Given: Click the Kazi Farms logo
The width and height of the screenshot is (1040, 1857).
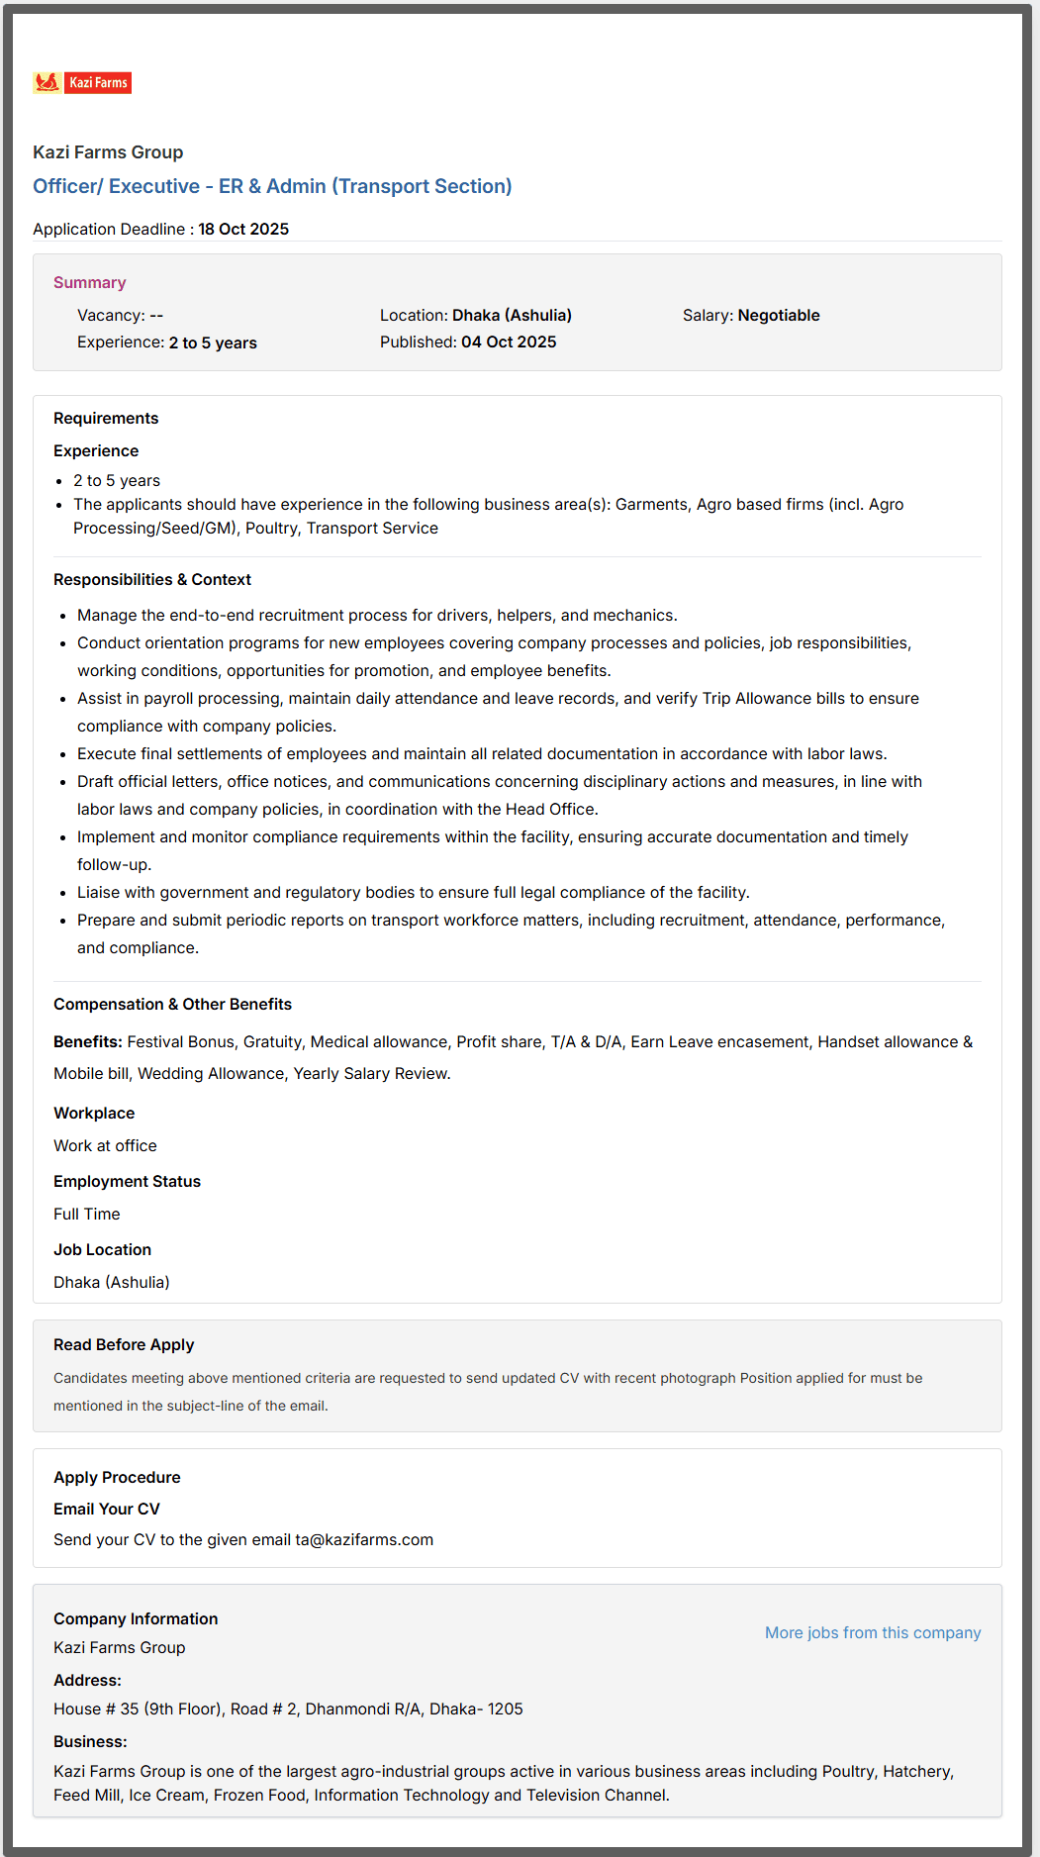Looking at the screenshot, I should pyautogui.click(x=82, y=83).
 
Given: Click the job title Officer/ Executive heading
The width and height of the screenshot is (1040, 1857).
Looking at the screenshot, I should pyautogui.click(x=272, y=186).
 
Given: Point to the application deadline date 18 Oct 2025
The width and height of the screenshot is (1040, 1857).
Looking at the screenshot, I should pyautogui.click(x=243, y=229).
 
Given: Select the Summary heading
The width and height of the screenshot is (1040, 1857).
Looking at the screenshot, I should pyautogui.click(x=90, y=283).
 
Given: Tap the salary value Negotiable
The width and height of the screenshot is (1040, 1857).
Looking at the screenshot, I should pyautogui.click(x=779, y=316).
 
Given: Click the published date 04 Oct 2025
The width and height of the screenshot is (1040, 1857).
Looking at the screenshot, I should pyautogui.click(x=509, y=342).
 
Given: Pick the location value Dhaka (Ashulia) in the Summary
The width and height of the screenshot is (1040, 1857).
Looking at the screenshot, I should pyautogui.click(x=512, y=316).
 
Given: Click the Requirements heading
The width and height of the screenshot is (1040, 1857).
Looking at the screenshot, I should pyautogui.click(x=106, y=419).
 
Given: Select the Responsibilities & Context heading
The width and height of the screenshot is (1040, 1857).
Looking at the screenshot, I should pyautogui.click(x=152, y=580).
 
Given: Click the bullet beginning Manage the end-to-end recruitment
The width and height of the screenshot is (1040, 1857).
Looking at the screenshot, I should pyautogui.click(x=377, y=616).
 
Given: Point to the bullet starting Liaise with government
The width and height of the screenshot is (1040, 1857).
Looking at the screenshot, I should pyautogui.click(x=413, y=893).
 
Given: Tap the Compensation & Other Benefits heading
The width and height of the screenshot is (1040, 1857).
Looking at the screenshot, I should pyautogui.click(x=172, y=1005).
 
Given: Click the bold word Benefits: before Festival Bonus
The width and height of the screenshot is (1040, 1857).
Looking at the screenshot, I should pyautogui.click(x=88, y=1042).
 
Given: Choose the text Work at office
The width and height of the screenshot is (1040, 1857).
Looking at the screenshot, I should pyautogui.click(x=105, y=1146).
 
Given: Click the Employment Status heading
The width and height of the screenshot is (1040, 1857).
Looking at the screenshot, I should pyautogui.click(x=127, y=1182).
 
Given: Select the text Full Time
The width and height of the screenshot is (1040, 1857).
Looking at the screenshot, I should pyautogui.click(x=87, y=1215).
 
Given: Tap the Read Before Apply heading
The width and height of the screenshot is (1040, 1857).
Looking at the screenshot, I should pyautogui.click(x=124, y=1345).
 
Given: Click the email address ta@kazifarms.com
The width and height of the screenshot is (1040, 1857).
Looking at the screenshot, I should pyautogui.click(x=364, y=1540).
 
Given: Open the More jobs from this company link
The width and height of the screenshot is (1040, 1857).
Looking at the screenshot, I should pyautogui.click(x=873, y=1633).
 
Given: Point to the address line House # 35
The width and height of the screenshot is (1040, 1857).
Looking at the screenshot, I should pyautogui.click(x=288, y=1710).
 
